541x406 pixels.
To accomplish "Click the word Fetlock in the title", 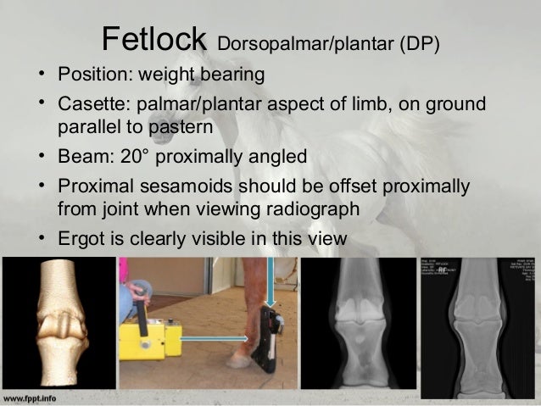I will point(153,38).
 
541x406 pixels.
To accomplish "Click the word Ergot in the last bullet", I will point(81,239).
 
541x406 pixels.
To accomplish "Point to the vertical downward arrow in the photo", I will point(271,284).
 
